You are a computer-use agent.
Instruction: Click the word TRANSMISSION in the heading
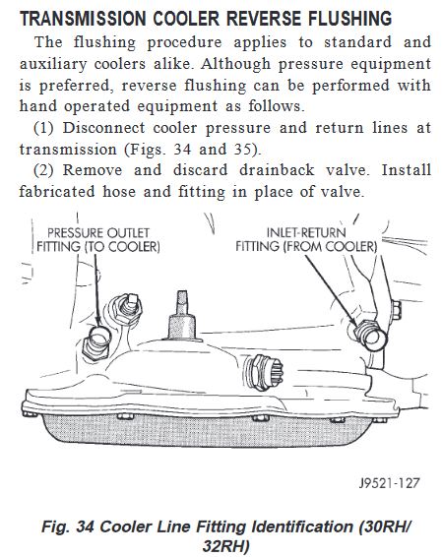pyautogui.click(x=83, y=18)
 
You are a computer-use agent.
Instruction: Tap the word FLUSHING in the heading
pyautogui.click(x=350, y=18)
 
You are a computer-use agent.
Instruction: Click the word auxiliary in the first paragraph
pyautogui.click(x=53, y=64)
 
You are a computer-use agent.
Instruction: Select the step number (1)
pyautogui.click(x=43, y=128)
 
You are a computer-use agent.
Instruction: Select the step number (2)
pyautogui.click(x=43, y=170)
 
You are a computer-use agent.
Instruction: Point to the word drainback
pyautogui.click(x=277, y=170)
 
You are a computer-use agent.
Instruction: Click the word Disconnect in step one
pyautogui.click(x=103, y=128)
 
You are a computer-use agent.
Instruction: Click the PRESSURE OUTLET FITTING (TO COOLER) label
pyautogui.click(x=98, y=240)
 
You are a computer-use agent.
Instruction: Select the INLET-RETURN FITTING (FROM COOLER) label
pyautogui.click(x=306, y=239)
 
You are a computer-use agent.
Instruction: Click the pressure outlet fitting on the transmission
pyautogui.click(x=97, y=341)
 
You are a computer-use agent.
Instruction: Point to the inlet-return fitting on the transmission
pyautogui.click(x=369, y=334)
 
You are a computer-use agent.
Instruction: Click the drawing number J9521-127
pyautogui.click(x=390, y=483)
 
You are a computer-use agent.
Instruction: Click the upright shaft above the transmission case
pyautogui.click(x=182, y=316)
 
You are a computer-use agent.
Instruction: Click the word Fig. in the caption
pyautogui.click(x=55, y=526)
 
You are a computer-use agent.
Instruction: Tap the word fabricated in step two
pyautogui.click(x=57, y=192)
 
